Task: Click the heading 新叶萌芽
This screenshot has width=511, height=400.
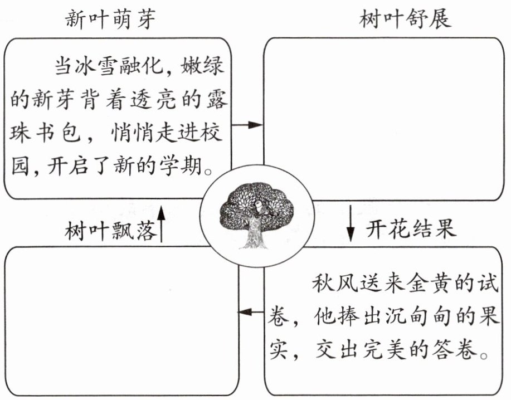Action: [110, 19]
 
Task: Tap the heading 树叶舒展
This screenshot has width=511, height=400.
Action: [406, 18]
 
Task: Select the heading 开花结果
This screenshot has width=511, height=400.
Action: [411, 228]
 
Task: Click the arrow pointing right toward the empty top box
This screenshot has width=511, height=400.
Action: [247, 125]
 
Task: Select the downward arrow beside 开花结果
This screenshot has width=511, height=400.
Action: [351, 223]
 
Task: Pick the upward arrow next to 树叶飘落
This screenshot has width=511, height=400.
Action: [161, 224]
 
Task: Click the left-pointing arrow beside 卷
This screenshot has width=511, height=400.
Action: [251, 312]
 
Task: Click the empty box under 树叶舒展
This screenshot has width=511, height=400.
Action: [383, 119]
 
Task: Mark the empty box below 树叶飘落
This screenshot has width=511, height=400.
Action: [121, 321]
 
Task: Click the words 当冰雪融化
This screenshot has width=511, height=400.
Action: [109, 66]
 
